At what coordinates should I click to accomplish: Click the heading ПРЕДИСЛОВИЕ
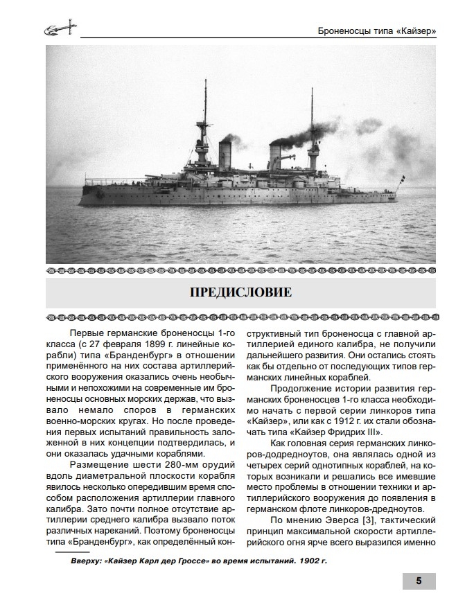(240, 292)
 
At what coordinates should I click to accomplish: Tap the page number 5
(419, 581)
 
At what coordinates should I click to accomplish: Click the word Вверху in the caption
(88, 561)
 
